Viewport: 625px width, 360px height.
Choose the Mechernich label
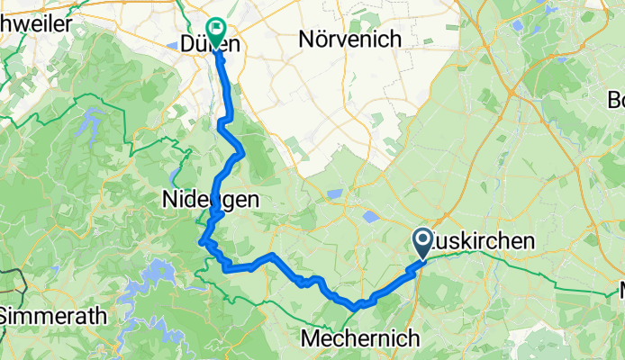click(360, 339)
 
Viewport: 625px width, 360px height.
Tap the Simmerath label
click(53, 317)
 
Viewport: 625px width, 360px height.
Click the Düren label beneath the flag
click(209, 43)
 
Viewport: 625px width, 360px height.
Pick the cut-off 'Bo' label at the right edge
click(616, 99)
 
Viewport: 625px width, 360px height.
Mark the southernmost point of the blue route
click(358, 307)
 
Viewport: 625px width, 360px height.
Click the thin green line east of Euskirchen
click(540, 270)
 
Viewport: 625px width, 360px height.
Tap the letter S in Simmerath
click(7, 317)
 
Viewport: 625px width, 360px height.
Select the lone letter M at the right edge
click(620, 291)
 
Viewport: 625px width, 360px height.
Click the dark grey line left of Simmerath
click(20, 288)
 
